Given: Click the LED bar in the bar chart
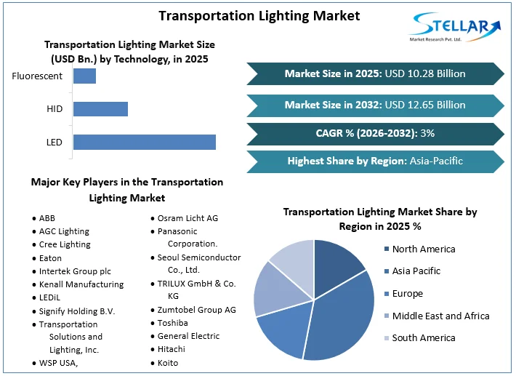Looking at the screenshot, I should click(x=144, y=142).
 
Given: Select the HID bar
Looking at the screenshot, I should click(x=100, y=109).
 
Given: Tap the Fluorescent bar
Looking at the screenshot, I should click(x=84, y=76).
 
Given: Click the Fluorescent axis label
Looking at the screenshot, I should click(x=37, y=76).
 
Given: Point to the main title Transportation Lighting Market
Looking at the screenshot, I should click(x=259, y=15).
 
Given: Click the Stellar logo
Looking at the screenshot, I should click(x=455, y=28).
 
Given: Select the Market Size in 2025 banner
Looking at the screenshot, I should click(x=375, y=73).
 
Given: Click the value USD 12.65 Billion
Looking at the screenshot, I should click(x=425, y=105).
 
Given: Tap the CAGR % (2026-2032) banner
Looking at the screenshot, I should click(x=375, y=134).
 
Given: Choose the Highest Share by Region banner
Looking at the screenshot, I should click(x=375, y=161).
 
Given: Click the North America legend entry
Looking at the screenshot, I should click(x=423, y=249).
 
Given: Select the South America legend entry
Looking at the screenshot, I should click(x=423, y=337).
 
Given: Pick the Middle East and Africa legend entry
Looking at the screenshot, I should click(x=440, y=316).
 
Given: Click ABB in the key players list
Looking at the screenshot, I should click(x=47, y=218).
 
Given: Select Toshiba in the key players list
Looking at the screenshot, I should click(x=172, y=322).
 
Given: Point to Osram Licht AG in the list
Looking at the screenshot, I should click(x=188, y=218).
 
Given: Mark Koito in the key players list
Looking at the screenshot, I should click(x=167, y=362).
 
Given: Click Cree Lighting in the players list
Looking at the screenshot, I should click(x=65, y=244).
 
